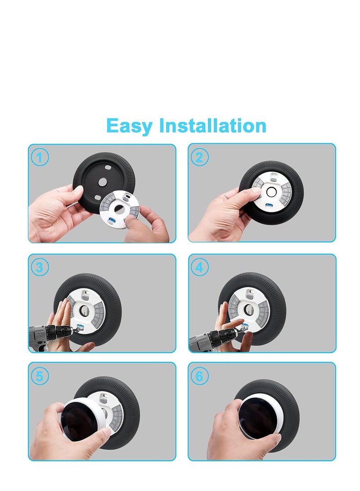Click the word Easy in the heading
coord(130,126)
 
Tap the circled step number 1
coord(40,158)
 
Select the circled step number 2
coord(199,158)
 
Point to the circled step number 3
coord(40,267)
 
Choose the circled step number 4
coord(199,267)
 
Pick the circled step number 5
coord(40,376)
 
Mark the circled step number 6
coord(199,376)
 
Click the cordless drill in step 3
coord(47,335)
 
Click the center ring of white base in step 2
coord(271,191)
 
